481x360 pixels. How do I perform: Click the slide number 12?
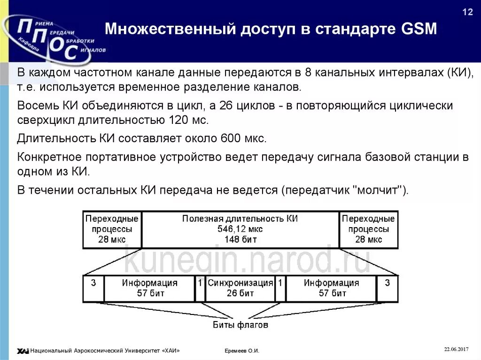(x=468, y=12)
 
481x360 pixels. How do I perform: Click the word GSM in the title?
(x=419, y=30)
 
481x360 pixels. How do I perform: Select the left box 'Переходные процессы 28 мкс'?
(x=112, y=229)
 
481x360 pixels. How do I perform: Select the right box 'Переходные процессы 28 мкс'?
(x=368, y=229)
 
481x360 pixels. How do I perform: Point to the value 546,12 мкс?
(x=240, y=229)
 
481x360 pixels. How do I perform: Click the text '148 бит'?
(x=240, y=239)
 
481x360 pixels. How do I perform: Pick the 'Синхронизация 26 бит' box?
(x=240, y=288)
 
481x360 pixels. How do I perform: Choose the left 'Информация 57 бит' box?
(x=149, y=288)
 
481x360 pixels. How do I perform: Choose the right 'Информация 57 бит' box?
(x=331, y=288)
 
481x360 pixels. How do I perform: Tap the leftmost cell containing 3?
(x=93, y=283)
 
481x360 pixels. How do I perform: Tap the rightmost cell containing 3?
(x=387, y=283)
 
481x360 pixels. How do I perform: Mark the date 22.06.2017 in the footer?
(x=457, y=349)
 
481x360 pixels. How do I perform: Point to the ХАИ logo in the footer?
(x=23, y=351)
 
